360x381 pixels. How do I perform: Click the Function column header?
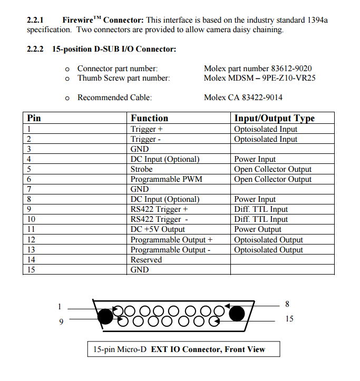point(150,119)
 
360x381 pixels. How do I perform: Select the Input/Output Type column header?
point(274,119)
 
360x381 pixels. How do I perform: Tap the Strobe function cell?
point(141,169)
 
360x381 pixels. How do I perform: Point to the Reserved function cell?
point(146,260)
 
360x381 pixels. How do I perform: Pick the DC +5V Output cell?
point(158,229)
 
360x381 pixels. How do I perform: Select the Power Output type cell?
point(258,229)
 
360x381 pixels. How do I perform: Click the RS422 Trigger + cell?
point(159,209)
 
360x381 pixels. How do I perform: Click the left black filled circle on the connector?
point(105,316)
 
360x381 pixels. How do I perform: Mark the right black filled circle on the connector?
point(237,313)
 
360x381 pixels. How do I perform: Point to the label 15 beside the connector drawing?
point(289,319)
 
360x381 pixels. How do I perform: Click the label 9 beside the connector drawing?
point(61,321)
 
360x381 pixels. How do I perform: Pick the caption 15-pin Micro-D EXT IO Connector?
point(179,349)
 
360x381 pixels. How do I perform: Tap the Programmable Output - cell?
point(170,250)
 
